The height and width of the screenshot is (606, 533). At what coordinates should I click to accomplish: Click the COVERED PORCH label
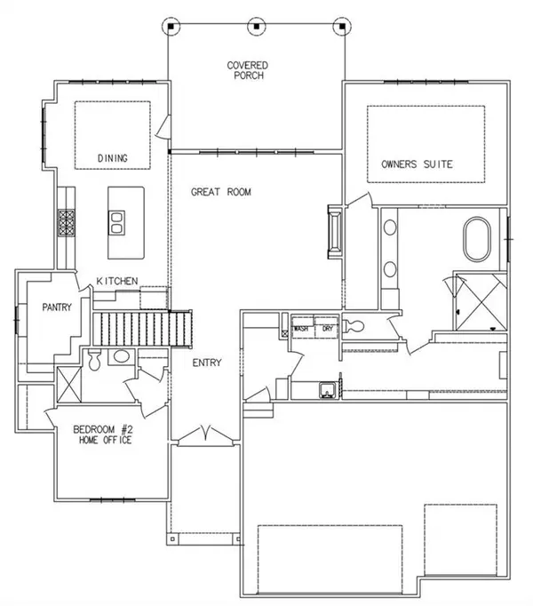click(247, 71)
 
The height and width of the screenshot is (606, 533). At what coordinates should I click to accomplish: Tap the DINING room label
click(113, 159)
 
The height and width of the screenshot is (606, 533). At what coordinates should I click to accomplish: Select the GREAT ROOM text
click(221, 192)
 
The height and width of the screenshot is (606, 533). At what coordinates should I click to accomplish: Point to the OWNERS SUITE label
click(417, 164)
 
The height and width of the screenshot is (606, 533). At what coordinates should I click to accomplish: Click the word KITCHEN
click(117, 281)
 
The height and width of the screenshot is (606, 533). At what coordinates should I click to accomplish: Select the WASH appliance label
click(302, 328)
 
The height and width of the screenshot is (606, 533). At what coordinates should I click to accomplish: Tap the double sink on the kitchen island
click(117, 219)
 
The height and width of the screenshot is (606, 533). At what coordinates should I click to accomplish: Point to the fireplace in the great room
click(334, 232)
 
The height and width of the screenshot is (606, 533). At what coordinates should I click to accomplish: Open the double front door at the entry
click(205, 436)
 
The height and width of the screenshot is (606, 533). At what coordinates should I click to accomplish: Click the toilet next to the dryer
click(355, 326)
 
